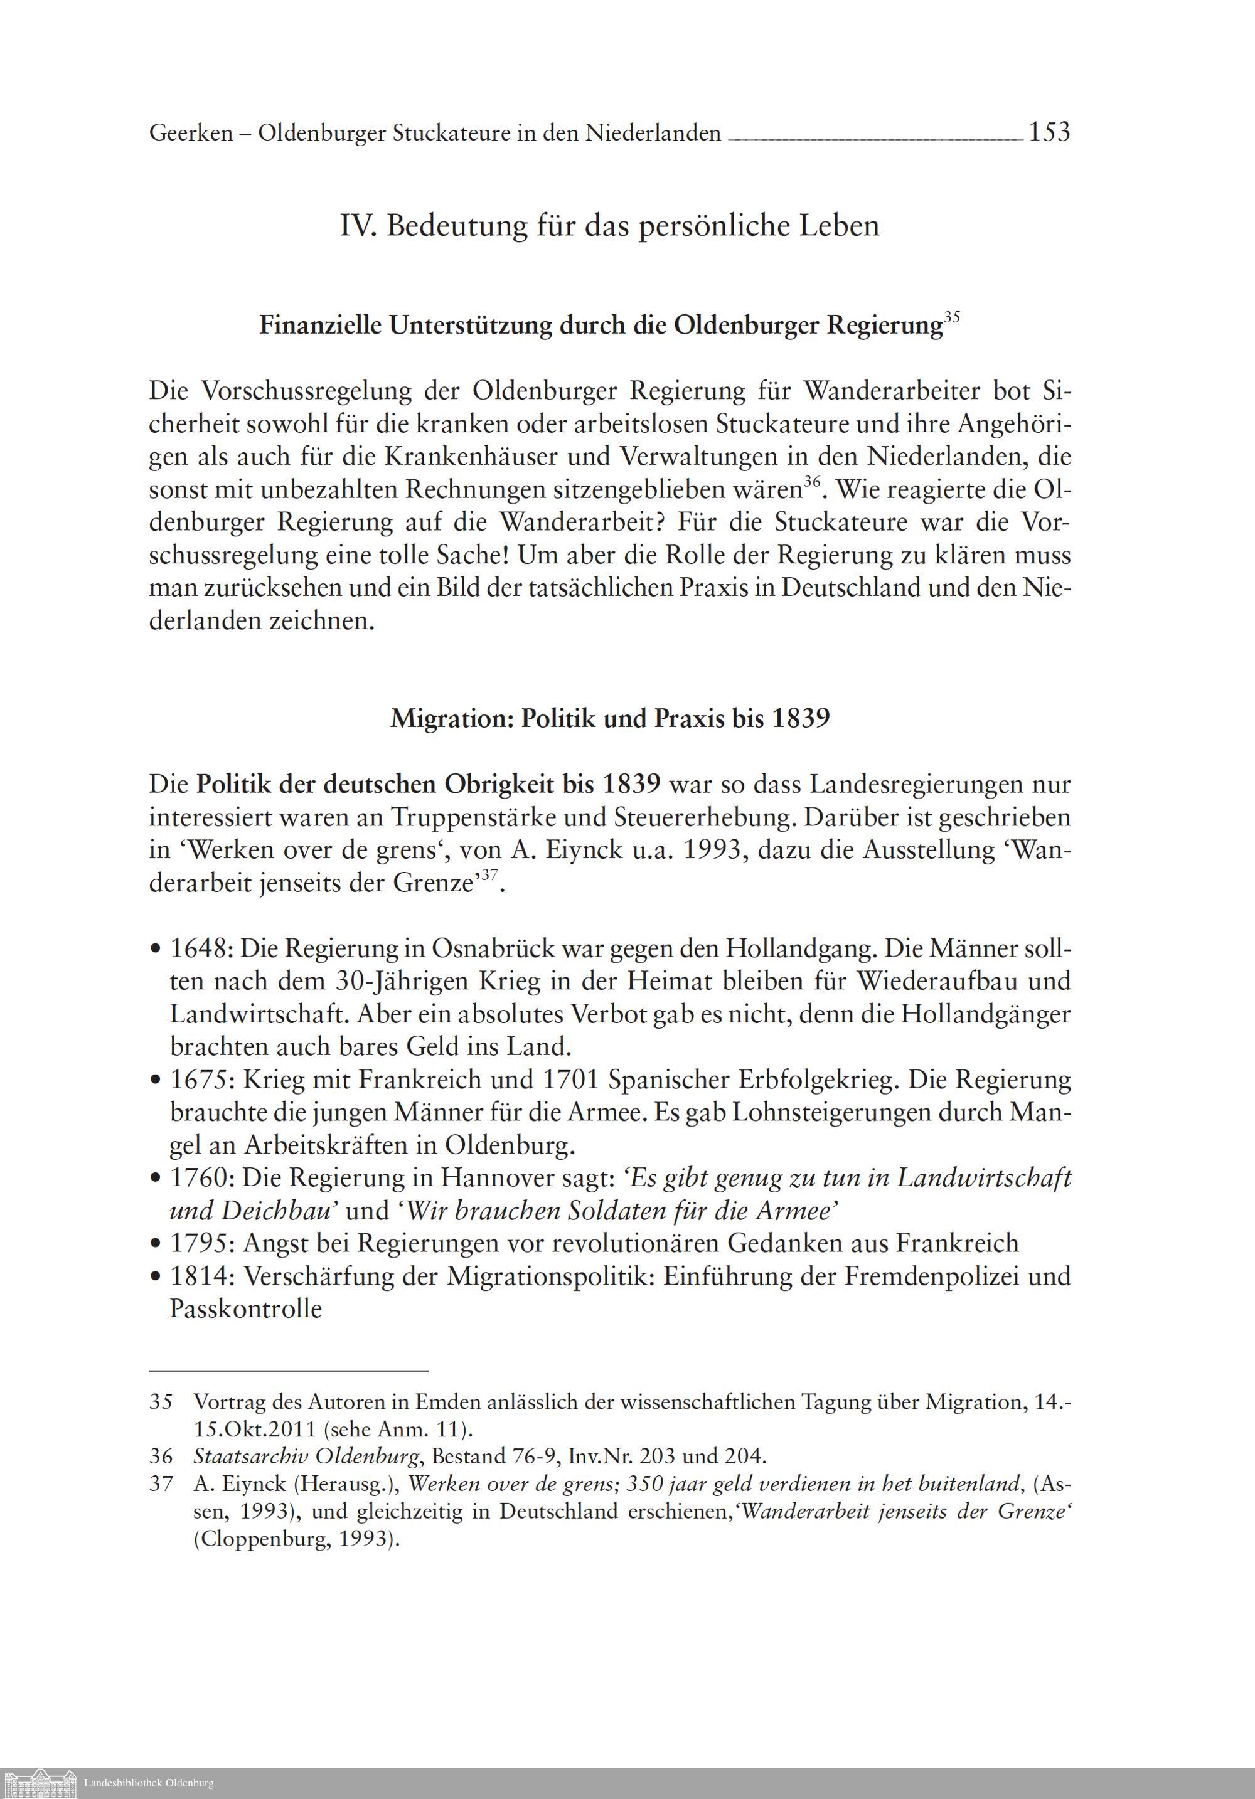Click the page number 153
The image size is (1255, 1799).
(1049, 132)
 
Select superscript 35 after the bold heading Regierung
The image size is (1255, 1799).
(952, 317)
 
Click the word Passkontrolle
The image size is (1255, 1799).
(245, 1309)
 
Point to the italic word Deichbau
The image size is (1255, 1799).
(280, 1211)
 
